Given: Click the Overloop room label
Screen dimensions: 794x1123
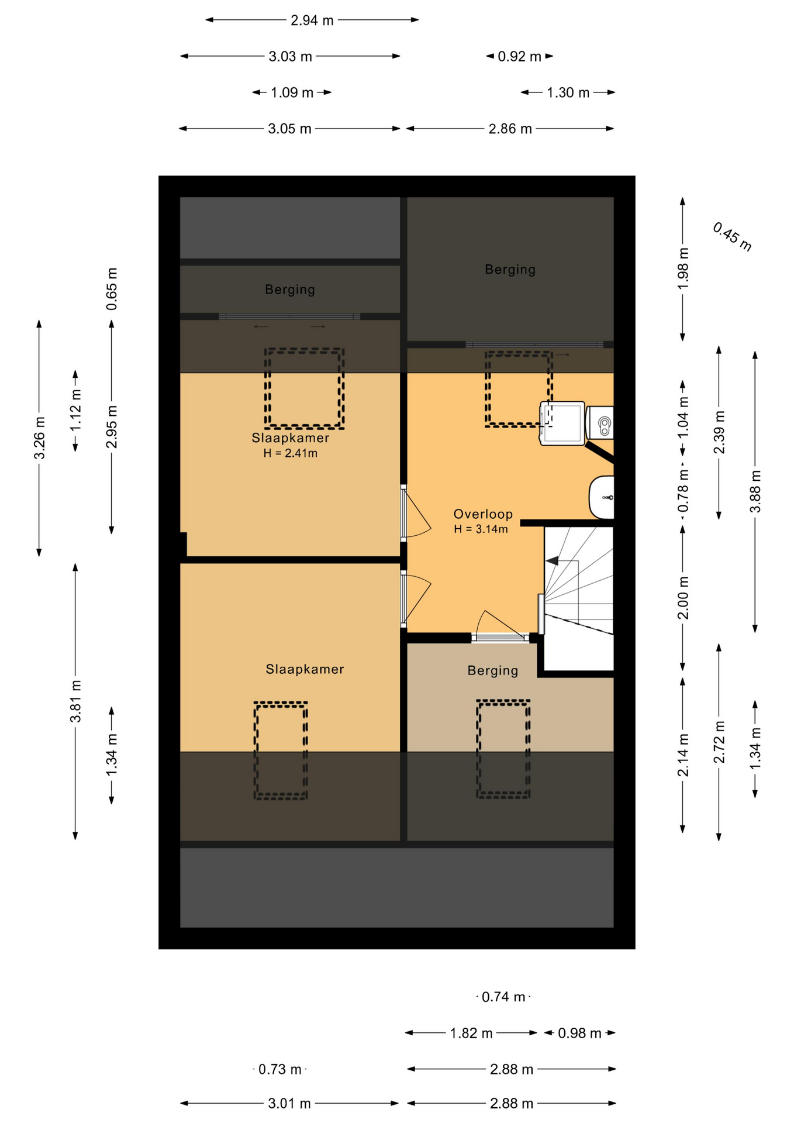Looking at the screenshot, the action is coord(483,514).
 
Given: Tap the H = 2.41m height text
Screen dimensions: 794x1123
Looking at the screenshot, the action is coord(290,453).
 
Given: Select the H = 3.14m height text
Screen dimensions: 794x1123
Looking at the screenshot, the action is coord(481,529).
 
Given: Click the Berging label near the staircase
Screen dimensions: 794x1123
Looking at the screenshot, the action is coord(493,670).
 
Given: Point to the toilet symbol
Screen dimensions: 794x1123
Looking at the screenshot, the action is coord(600,422).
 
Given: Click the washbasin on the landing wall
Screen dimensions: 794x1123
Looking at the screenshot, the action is coord(602,498).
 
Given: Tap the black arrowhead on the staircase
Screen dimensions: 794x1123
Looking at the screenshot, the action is coord(552,561).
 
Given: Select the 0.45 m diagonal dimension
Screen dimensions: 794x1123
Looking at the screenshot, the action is coord(732,237).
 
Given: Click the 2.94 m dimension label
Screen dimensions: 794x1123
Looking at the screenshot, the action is coord(312,20).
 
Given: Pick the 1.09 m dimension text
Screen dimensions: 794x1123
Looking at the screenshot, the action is coord(292,92).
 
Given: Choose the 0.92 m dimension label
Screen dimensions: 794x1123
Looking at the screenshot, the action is coord(519,57).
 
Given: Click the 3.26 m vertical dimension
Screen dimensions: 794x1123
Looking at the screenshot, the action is coord(39,438).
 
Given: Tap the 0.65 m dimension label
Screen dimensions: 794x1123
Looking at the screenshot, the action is coord(112,289).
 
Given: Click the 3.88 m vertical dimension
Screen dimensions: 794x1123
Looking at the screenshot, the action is coord(755,491).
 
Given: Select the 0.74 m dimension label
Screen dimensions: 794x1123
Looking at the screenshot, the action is coord(503,997).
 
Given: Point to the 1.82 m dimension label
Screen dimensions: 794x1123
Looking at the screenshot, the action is coord(471,1034).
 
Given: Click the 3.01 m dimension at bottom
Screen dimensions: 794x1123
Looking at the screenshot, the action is coord(289,1104).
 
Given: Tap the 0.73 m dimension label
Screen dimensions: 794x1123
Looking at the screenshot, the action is coord(280,1070).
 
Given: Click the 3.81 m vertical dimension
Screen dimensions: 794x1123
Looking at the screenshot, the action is coord(75,701).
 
